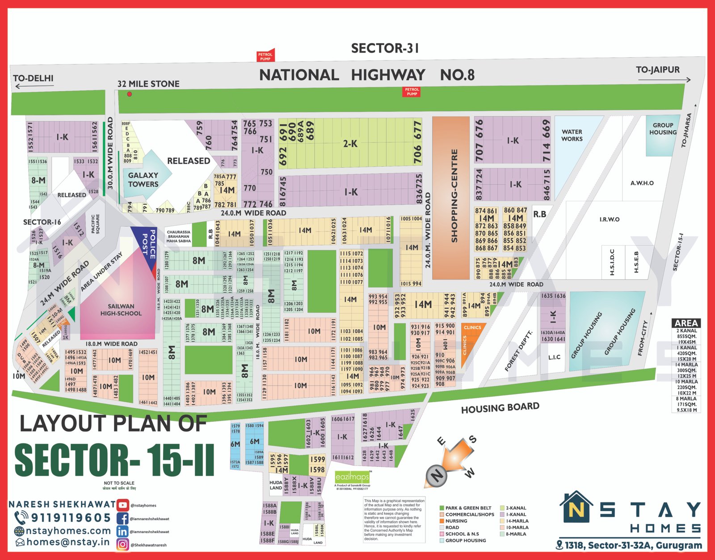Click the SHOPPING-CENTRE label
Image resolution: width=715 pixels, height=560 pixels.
point(454,196)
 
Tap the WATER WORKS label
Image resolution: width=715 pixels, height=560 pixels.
point(572,135)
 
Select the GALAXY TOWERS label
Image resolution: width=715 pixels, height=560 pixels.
point(143,179)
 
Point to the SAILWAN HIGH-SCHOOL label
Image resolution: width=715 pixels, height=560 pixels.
point(121,310)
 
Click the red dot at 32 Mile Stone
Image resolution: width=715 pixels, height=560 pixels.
point(130,94)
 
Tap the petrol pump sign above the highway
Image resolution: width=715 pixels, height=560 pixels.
point(265,56)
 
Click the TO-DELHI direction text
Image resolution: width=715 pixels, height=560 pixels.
point(33,78)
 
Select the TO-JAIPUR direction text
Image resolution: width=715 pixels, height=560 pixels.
point(657,70)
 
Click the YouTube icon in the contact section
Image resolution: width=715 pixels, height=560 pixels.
point(122,505)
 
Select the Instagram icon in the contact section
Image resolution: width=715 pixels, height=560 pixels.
point(122,544)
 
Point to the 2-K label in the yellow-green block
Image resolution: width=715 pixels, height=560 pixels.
point(350,144)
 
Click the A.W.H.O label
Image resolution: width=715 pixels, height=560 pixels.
point(642,183)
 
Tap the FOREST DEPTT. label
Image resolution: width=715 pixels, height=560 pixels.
point(519,351)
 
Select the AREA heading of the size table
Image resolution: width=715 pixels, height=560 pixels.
point(686,323)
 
